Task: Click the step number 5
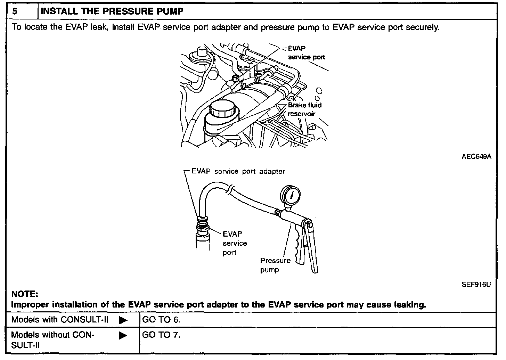click(15, 11)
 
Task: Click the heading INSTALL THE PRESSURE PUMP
click(112, 11)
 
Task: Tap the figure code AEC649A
click(476, 157)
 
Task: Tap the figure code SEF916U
click(476, 285)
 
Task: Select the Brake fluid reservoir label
click(304, 109)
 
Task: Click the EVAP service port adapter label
click(238, 171)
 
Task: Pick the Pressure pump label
click(275, 265)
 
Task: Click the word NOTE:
click(25, 294)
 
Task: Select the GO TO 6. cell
click(161, 320)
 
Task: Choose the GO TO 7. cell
click(161, 335)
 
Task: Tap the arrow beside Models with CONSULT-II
click(123, 320)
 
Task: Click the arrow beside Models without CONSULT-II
click(123, 335)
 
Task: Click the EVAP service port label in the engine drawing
click(306, 53)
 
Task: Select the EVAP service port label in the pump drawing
click(235, 243)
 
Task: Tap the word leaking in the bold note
click(410, 305)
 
